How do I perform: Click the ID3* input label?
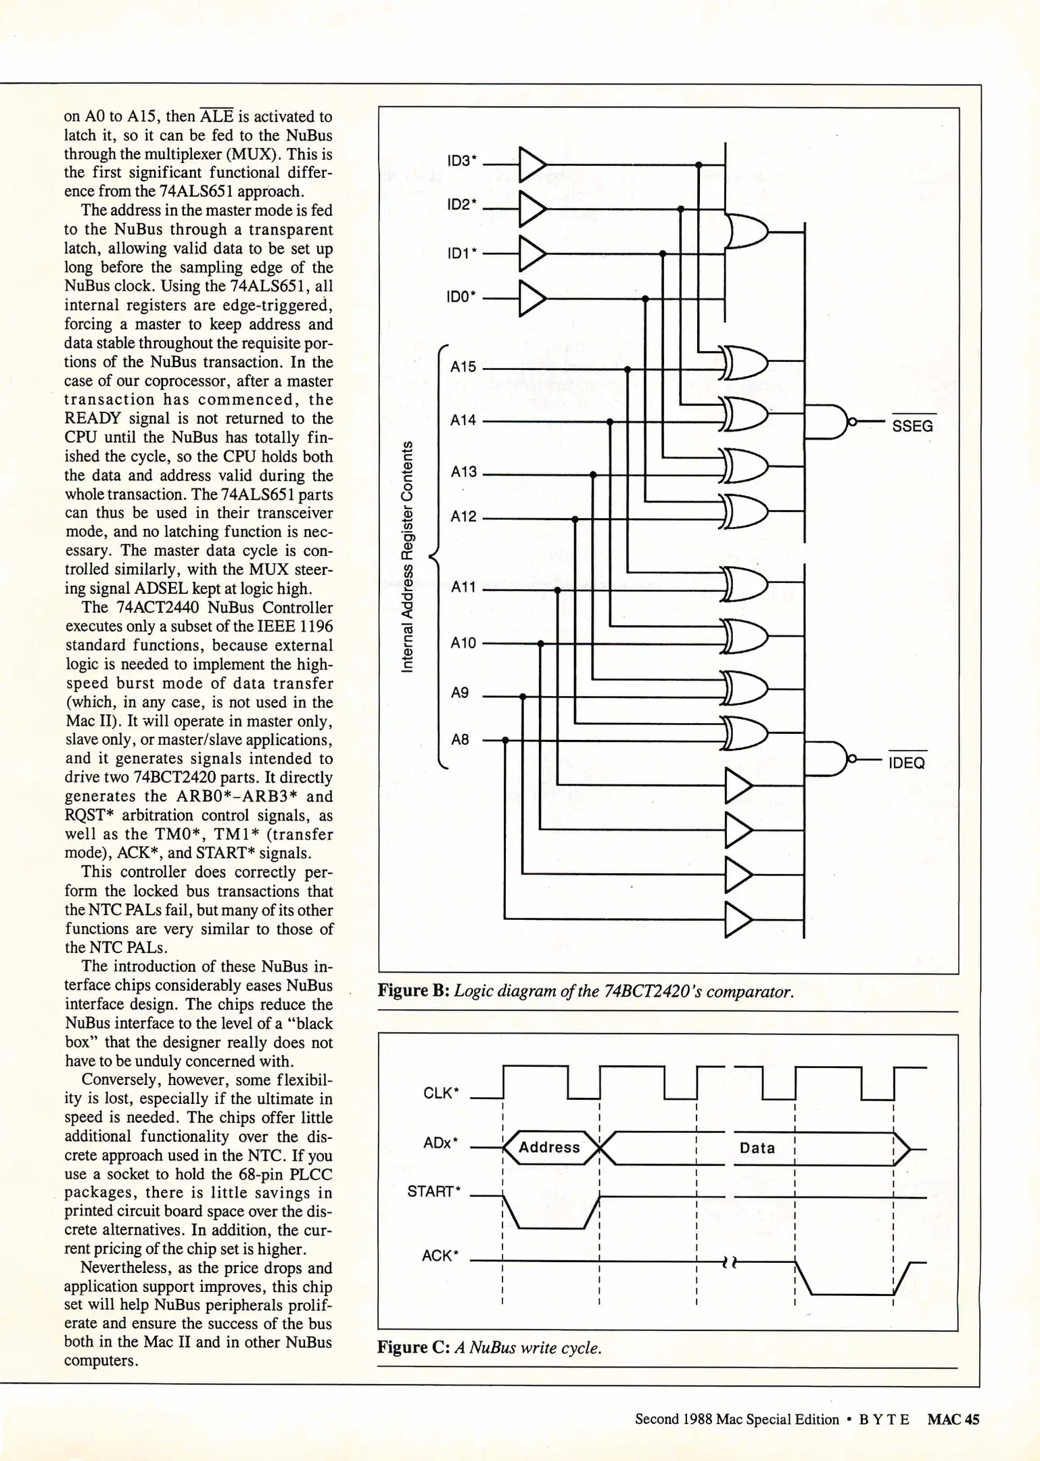click(462, 161)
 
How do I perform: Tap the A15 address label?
click(463, 367)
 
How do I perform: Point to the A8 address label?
click(460, 739)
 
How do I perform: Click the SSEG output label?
click(912, 426)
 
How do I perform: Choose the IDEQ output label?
click(906, 763)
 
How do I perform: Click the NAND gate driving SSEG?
click(832, 421)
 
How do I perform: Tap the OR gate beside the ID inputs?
click(745, 232)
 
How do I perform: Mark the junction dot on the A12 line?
click(575, 519)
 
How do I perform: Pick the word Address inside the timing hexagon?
click(549, 1147)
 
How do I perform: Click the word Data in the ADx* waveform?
click(757, 1148)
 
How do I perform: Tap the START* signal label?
click(433, 1191)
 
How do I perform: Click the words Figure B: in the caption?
click(413, 992)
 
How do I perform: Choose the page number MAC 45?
click(953, 1419)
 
